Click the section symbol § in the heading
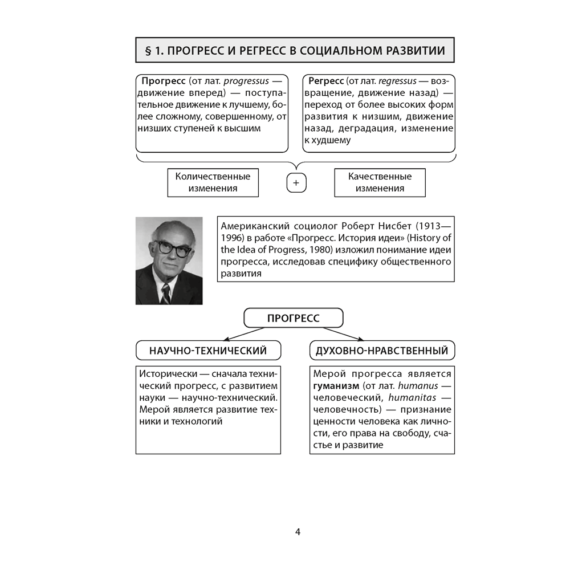(149, 51)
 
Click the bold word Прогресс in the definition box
(163, 80)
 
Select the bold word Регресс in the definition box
(327, 80)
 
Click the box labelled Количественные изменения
(213, 182)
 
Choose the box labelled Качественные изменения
(380, 182)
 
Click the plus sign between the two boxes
(296, 183)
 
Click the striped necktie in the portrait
(165, 294)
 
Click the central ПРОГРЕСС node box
(294, 318)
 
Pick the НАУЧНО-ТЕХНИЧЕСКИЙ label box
(208, 351)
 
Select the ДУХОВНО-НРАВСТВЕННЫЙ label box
(382, 351)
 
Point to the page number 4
(298, 532)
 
